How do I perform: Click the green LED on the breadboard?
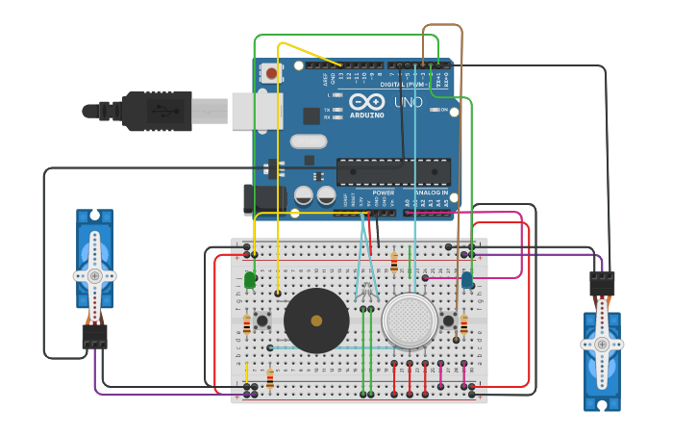[x=250, y=280]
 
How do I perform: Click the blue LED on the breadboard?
[x=467, y=280]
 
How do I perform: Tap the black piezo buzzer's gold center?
[x=316, y=321]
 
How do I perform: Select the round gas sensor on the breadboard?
[x=408, y=321]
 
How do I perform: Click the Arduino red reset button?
[x=272, y=72]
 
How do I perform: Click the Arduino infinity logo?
[x=366, y=102]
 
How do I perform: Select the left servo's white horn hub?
[x=94, y=275]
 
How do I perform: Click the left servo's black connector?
[x=94, y=336]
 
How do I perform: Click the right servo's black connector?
[x=602, y=283]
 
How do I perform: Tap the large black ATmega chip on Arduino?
[x=393, y=172]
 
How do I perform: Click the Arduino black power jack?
[x=259, y=199]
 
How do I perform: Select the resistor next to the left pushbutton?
[x=247, y=324]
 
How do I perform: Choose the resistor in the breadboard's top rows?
[x=394, y=262]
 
